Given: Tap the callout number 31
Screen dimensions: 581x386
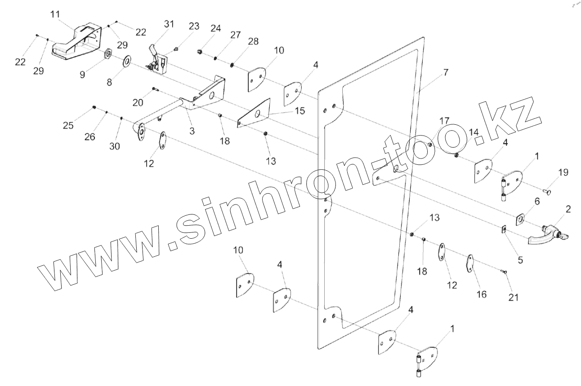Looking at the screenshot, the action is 169,25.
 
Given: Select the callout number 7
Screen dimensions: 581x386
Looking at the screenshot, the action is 445,73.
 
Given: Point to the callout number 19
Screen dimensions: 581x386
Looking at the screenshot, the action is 563,172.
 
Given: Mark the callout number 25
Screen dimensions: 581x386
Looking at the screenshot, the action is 68,125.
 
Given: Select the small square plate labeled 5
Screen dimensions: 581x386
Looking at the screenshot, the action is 504,230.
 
